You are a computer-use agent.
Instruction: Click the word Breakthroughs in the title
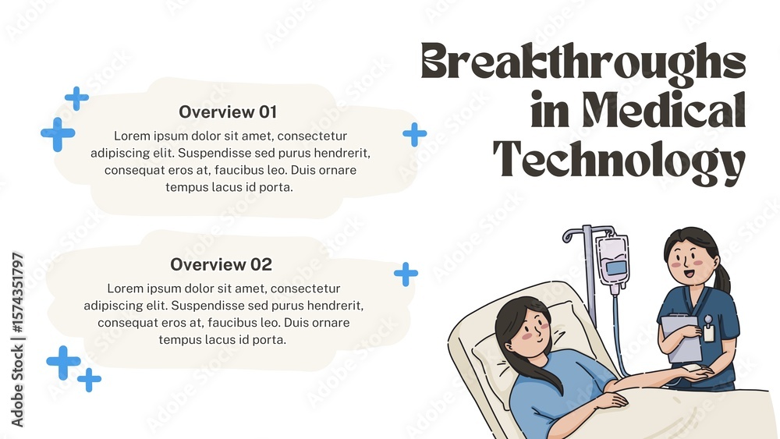point(583,62)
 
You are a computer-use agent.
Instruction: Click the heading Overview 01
point(228,112)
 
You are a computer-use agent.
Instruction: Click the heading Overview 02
point(222,264)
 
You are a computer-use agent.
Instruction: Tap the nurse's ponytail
point(723,276)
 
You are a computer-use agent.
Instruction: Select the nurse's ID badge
point(709,331)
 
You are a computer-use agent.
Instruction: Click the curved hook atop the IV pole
point(571,235)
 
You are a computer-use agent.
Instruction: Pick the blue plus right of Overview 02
point(406,274)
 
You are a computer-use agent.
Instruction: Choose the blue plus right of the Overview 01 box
point(414,134)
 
